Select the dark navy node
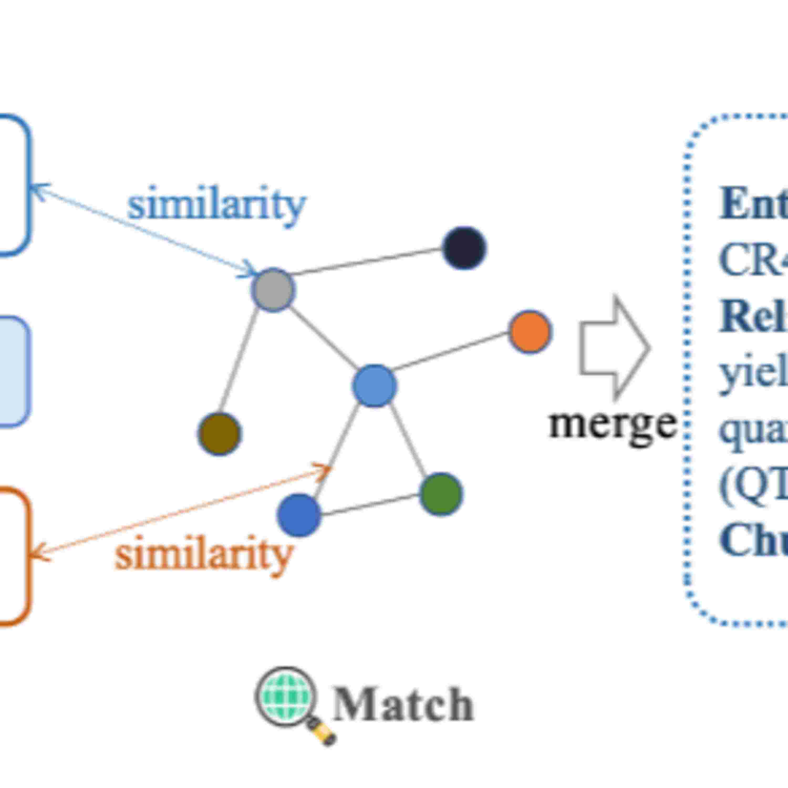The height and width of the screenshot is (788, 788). point(464,248)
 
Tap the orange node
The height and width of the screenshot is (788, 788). point(530,331)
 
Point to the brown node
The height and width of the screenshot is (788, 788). point(219,434)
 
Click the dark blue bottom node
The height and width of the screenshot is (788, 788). point(299,515)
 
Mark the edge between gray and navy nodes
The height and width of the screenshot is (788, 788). point(367,261)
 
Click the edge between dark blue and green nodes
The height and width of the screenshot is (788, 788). point(370,505)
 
